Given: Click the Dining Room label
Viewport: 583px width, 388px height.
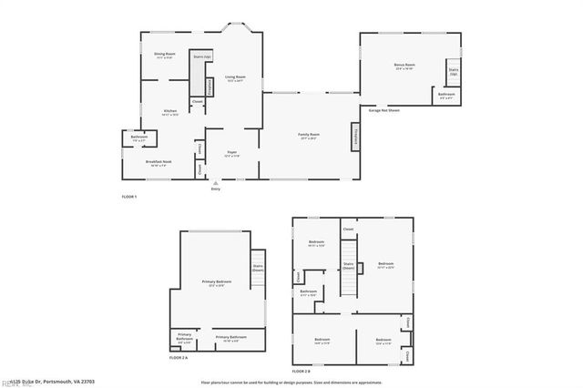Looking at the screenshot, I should pyautogui.click(x=164, y=56).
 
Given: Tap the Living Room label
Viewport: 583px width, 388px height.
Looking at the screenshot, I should pyautogui.click(x=236, y=78).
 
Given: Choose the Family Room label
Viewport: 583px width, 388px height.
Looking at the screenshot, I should pyautogui.click(x=308, y=136).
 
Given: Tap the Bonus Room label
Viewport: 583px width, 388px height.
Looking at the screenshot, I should pyautogui.click(x=404, y=66).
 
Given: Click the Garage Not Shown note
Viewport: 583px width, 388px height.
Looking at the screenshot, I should pyautogui.click(x=386, y=110).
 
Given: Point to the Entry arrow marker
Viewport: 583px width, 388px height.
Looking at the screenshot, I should pyautogui.click(x=216, y=182).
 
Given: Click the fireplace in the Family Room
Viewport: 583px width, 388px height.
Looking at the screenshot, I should pyautogui.click(x=354, y=138).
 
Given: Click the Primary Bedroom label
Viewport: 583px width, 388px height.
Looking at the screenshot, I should pyautogui.click(x=216, y=283).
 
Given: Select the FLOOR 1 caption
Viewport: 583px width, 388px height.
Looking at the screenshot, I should pyautogui.click(x=128, y=197).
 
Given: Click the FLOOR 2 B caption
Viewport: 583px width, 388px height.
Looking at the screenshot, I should pyautogui.click(x=301, y=372).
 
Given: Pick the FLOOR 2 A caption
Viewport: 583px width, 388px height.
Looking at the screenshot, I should pyautogui.click(x=179, y=359).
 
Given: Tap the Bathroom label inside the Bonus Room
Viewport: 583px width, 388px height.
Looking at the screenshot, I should pyautogui.click(x=446, y=96).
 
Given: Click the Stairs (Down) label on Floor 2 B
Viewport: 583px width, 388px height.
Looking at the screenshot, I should pyautogui.click(x=348, y=267).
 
